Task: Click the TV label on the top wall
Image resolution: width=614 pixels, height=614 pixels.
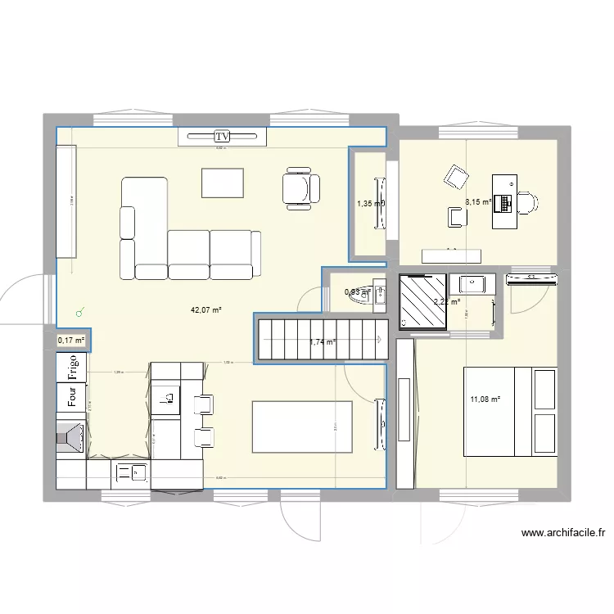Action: (x=223, y=136)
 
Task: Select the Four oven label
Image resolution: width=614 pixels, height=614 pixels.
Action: (x=72, y=398)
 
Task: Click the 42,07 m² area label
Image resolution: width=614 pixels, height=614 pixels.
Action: (x=206, y=310)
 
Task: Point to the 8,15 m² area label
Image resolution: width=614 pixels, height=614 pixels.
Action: (x=478, y=201)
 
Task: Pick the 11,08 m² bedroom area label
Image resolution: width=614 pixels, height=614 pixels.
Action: (x=485, y=400)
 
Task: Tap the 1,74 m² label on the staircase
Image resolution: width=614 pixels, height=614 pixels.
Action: (x=323, y=342)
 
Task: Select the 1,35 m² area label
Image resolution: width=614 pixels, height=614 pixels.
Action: (x=369, y=204)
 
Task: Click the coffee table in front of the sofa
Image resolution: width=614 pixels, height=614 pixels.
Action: (x=223, y=183)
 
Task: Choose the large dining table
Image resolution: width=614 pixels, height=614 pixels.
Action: (x=302, y=426)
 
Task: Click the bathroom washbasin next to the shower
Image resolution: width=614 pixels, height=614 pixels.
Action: (x=472, y=285)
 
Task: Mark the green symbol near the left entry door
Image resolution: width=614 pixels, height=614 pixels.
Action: (x=79, y=312)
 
